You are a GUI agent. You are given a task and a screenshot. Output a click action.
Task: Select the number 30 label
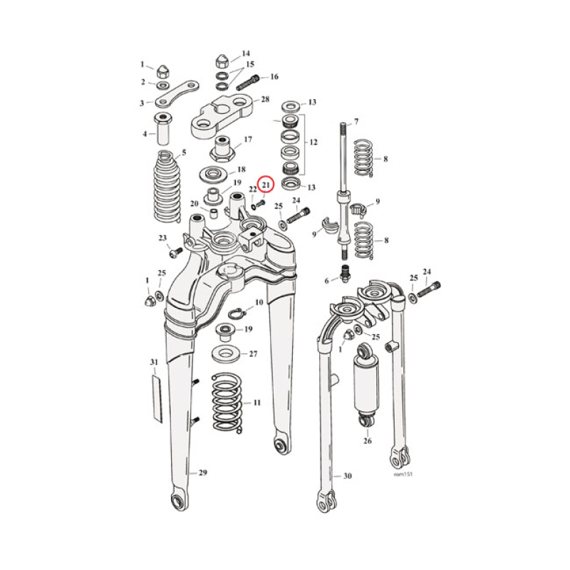pos(347,476)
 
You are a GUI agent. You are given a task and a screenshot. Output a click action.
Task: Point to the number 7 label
pos(356,121)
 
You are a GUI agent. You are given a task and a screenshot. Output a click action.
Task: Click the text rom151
pos(403,473)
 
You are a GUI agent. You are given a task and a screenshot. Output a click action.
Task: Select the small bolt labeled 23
pos(174,252)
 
